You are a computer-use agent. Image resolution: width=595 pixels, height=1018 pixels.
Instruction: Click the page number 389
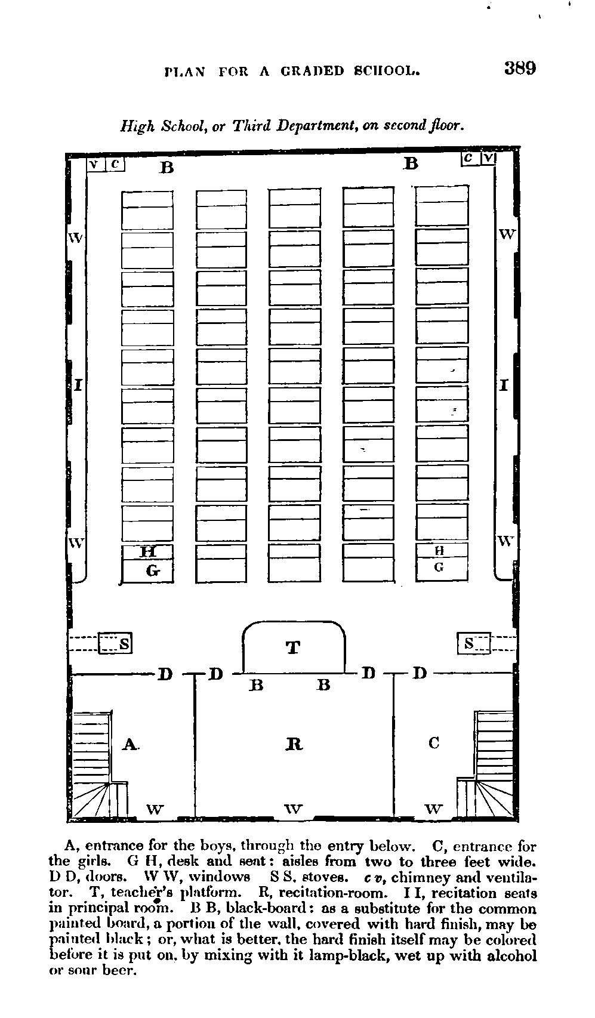[520, 68]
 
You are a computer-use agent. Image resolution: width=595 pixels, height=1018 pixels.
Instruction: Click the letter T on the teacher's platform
[293, 647]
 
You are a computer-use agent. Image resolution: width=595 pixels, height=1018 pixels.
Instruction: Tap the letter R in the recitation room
[294, 744]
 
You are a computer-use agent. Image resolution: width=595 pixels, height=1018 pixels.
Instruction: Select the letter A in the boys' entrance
[130, 744]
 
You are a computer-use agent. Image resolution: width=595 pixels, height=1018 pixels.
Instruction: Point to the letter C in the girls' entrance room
[434, 743]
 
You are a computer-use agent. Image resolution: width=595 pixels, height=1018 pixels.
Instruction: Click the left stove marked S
[115, 643]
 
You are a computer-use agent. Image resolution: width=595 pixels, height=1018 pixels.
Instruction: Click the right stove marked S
[474, 643]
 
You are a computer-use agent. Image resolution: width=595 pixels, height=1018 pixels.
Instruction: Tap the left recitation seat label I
[78, 385]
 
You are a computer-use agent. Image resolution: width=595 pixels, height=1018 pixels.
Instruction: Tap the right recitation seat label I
[504, 385]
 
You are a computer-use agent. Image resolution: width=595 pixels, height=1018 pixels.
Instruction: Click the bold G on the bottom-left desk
[153, 570]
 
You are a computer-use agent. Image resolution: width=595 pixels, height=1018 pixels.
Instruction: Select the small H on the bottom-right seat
[439, 551]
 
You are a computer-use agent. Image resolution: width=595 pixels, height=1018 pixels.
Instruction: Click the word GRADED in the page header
[312, 72]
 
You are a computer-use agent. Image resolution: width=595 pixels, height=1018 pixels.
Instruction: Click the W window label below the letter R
[293, 809]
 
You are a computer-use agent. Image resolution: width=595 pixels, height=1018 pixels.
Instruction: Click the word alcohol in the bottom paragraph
[512, 955]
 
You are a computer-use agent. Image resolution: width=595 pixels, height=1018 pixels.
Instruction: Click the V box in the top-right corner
[488, 158]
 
